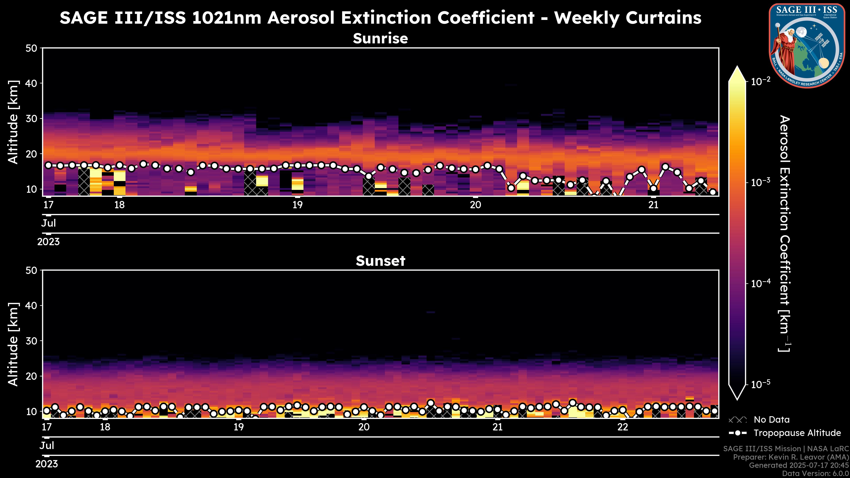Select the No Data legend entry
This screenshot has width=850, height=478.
[771, 420]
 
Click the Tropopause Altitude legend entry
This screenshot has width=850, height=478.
[797, 433]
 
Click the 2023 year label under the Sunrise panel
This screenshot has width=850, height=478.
[48, 242]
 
